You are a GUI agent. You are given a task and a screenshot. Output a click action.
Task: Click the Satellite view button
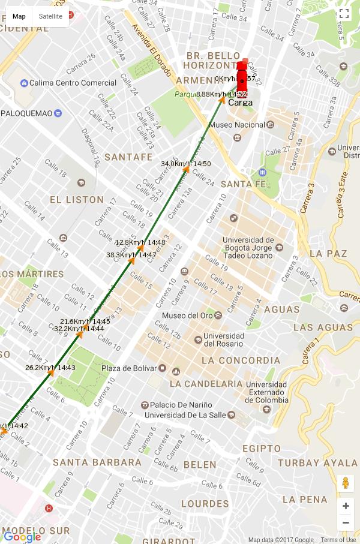point(50,16)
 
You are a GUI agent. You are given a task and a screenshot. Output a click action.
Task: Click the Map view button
point(19,16)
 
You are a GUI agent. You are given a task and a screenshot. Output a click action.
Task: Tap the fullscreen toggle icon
point(344,14)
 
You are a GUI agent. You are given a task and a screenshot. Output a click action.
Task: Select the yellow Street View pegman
point(345,483)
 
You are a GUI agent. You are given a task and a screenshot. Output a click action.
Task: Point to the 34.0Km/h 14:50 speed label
point(186,164)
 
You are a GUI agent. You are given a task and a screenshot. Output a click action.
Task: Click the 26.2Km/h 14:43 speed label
point(50,368)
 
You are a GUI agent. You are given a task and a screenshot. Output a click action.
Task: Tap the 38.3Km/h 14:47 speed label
point(131,255)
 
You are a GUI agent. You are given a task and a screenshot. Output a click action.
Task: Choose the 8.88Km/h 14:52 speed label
point(221,94)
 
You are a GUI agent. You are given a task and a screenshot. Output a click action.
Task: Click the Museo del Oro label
point(187,315)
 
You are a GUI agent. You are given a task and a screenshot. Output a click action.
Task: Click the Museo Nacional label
point(236,125)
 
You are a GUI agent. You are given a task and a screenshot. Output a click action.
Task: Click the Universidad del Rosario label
point(224,340)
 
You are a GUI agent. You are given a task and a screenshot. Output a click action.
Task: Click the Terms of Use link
point(338,540)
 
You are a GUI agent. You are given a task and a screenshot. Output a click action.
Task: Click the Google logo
point(22,537)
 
